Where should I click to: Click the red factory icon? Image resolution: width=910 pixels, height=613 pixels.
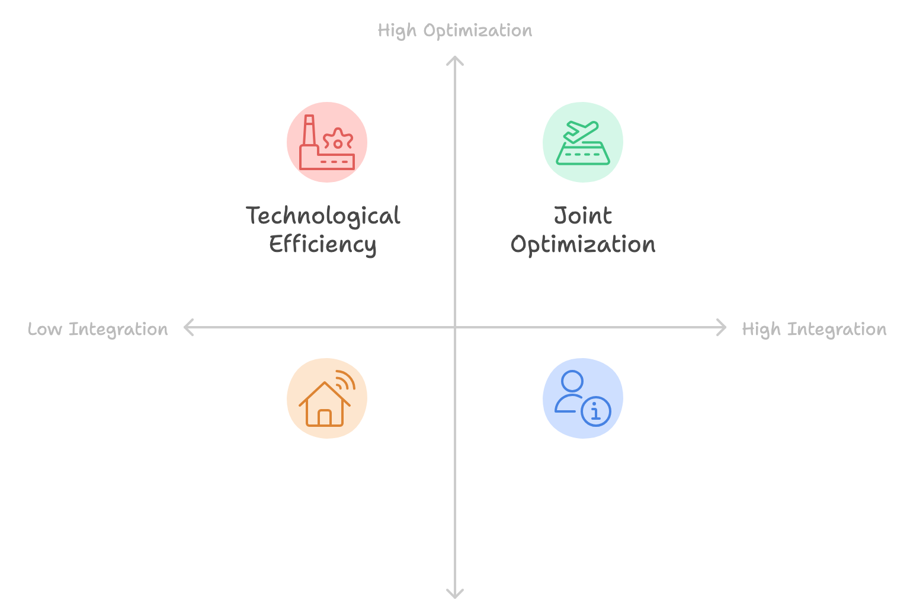(x=327, y=142)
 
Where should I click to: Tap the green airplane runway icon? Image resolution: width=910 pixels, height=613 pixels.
(x=583, y=142)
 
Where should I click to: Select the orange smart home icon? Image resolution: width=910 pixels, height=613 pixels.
(x=327, y=398)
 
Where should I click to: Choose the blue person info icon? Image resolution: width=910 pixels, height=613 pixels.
(x=583, y=398)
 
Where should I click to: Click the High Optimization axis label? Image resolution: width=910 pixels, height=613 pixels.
(x=455, y=31)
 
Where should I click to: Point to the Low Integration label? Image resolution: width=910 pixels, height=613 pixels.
(x=98, y=329)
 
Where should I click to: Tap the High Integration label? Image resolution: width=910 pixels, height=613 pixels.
(x=814, y=329)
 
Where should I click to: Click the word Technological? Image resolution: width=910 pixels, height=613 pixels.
(x=323, y=216)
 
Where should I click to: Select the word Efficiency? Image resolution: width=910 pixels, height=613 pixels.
(x=323, y=244)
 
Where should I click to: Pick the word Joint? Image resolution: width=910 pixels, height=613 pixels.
(x=583, y=216)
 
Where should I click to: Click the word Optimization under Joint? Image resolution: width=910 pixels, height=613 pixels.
(x=583, y=244)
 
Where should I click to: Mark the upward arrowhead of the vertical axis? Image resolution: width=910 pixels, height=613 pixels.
(x=455, y=59)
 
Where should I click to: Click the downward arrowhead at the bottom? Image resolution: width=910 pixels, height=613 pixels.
(x=455, y=595)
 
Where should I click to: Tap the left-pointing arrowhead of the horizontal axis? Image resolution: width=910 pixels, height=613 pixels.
(x=187, y=327)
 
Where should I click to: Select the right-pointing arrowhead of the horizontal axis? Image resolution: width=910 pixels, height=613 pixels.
(x=723, y=327)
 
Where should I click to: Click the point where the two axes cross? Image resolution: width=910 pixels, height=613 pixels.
(x=455, y=327)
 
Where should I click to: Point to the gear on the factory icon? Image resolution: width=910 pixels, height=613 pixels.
(x=338, y=141)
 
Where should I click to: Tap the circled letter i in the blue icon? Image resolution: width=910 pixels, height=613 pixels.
(x=596, y=411)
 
